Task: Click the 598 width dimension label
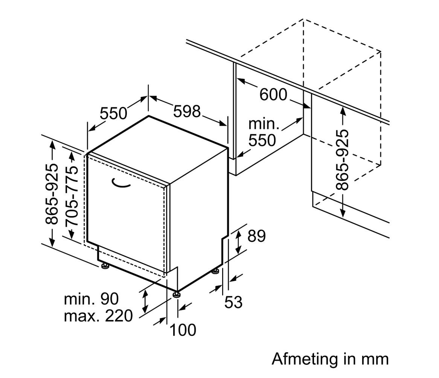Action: pyautogui.click(x=187, y=111)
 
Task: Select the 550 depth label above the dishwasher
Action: pyautogui.click(x=114, y=113)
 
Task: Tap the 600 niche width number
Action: pyautogui.click(x=273, y=94)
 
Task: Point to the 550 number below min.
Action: pyautogui.click(x=262, y=141)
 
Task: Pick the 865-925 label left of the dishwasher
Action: pyautogui.click(x=52, y=194)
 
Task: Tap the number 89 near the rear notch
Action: pyautogui.click(x=256, y=236)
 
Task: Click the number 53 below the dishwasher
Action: pyautogui.click(x=233, y=302)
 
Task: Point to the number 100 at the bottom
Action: pyautogui.click(x=183, y=330)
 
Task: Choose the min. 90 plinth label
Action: pyautogui.click(x=91, y=299)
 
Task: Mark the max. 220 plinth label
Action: pyautogui.click(x=98, y=316)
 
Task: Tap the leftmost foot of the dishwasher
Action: pyautogui.click(x=105, y=267)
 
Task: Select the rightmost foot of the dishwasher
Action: pyautogui.click(x=215, y=271)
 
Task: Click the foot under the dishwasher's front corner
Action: pyautogui.click(x=176, y=294)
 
